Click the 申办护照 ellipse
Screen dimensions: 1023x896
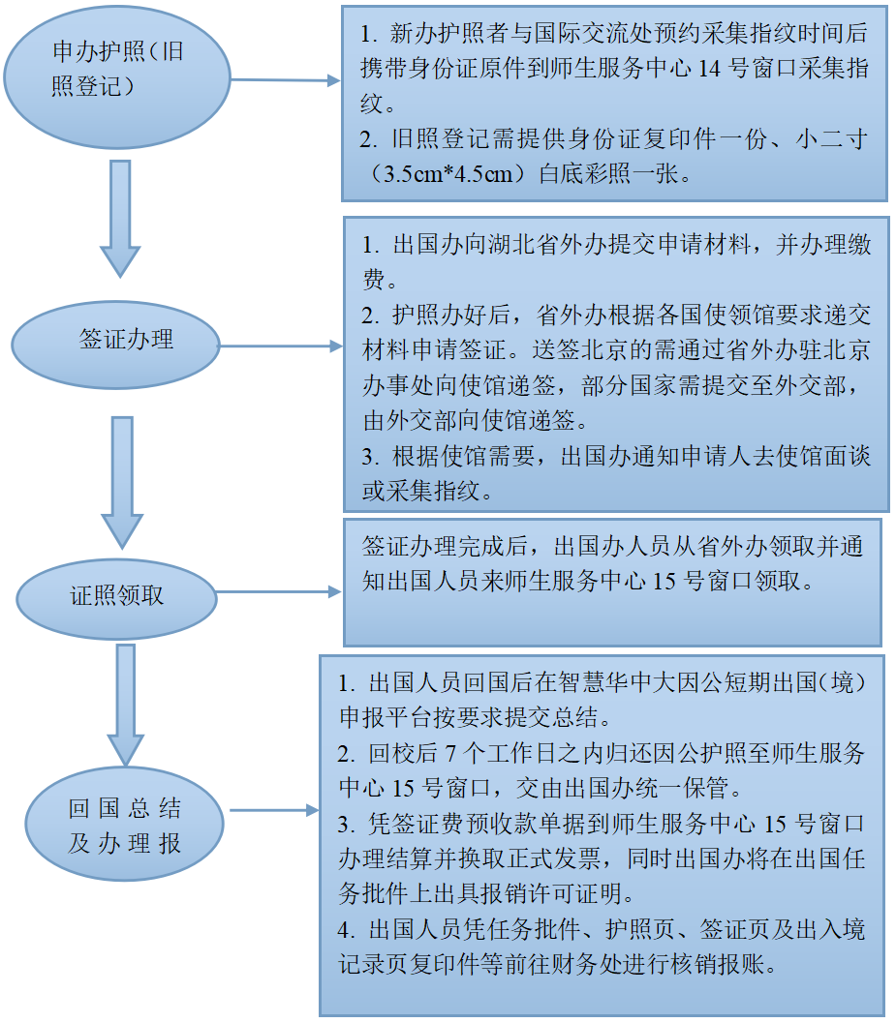click(117, 75)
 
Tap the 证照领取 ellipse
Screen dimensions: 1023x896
click(116, 595)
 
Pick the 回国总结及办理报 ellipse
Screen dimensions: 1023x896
click(125, 826)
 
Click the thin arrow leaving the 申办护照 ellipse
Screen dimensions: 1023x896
click(286, 80)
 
